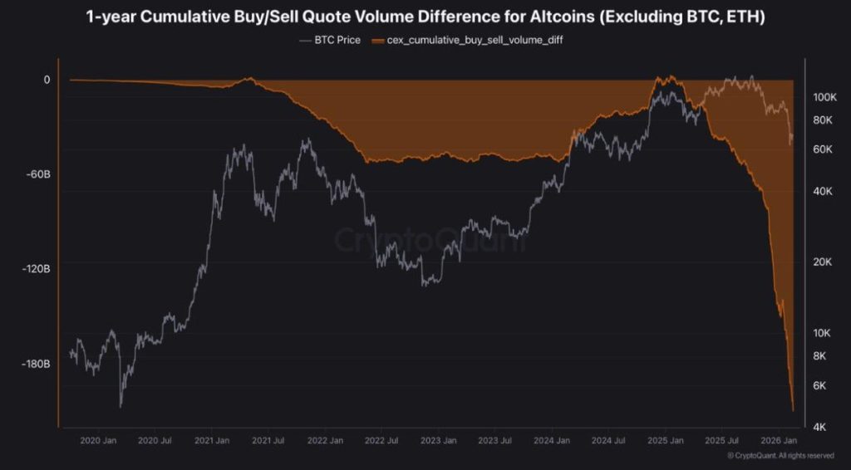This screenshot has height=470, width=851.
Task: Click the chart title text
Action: [425, 17]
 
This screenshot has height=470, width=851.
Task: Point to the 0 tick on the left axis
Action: [47, 80]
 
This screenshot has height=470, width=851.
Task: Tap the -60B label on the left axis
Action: [38, 174]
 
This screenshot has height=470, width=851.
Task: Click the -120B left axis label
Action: [36, 269]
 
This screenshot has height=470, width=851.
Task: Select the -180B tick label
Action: [36, 364]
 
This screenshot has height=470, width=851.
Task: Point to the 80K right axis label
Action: [823, 120]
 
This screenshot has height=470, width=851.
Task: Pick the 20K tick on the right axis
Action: [823, 262]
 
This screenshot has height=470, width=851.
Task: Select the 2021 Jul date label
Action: [268, 441]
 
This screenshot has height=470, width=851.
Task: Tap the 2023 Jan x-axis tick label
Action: [436, 441]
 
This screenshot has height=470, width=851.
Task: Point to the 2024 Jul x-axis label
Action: [608, 441]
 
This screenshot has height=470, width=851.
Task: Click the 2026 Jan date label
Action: [779, 441]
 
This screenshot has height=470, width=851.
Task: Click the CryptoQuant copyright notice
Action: [780, 456]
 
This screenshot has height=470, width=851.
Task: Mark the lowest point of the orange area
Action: [793, 410]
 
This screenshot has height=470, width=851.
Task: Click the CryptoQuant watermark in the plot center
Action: [430, 241]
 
